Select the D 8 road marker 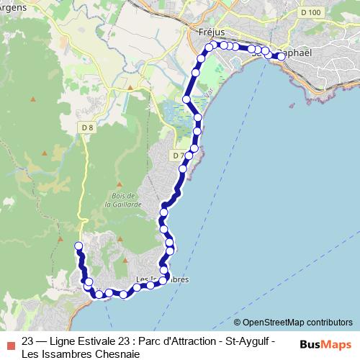pos(87,128)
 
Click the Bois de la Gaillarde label pos(119,199)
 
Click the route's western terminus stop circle pos(78,247)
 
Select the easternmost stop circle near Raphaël pos(282,55)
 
